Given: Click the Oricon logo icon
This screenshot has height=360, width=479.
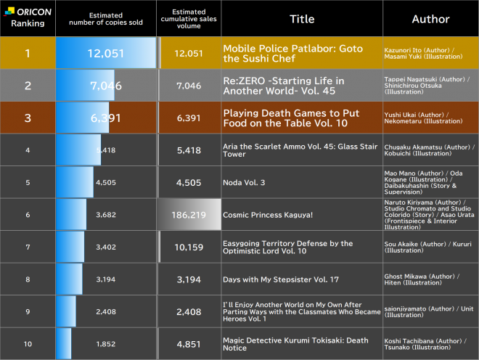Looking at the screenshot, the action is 9,12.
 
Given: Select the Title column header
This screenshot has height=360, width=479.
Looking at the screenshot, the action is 302,19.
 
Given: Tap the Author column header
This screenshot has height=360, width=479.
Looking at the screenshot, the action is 430,19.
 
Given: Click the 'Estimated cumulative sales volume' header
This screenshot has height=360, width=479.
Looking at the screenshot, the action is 189,19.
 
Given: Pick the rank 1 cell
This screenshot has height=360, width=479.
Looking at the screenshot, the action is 28,53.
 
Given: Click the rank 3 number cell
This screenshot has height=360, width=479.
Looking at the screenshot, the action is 28,118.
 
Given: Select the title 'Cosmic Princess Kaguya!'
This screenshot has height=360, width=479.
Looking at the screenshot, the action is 268,215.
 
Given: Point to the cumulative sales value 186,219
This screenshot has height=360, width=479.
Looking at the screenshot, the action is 189,215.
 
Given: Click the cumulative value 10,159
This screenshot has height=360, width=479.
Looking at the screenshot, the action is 189,247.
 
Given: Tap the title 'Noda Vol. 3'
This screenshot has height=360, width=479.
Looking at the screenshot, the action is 244,182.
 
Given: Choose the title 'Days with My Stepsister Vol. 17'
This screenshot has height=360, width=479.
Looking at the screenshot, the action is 281,279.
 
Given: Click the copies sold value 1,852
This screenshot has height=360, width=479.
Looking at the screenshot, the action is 106,344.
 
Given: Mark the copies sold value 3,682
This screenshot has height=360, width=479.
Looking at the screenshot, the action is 106,215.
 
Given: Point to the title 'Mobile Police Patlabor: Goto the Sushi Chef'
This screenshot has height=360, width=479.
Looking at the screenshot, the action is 292,53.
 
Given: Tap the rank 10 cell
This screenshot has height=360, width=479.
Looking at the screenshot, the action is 28,344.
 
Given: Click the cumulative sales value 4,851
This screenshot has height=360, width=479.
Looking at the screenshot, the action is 189,344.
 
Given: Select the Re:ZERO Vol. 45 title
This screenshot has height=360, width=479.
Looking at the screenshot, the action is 284,86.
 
